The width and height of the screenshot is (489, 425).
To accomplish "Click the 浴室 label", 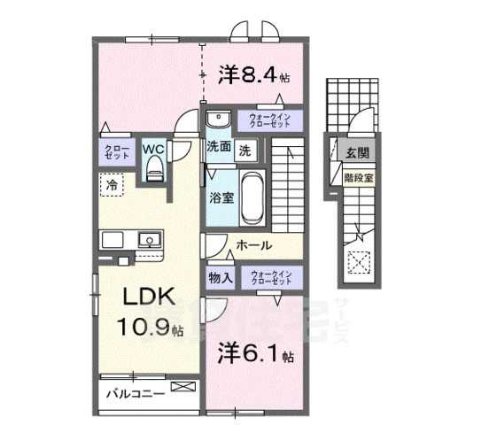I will (x=221, y=198).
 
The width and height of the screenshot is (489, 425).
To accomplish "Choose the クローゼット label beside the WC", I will (x=114, y=151).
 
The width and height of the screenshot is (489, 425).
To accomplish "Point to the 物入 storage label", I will (x=221, y=278).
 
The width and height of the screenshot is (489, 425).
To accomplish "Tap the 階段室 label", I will (x=357, y=176).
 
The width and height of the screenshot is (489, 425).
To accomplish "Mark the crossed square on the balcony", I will (x=182, y=387).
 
